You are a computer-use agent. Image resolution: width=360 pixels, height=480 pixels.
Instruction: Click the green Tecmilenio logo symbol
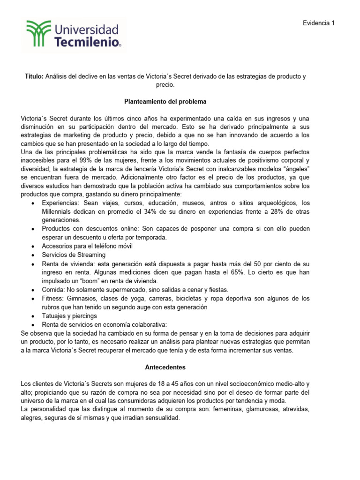(x=38, y=34)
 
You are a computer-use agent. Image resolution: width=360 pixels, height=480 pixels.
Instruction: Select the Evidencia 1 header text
(x=319, y=23)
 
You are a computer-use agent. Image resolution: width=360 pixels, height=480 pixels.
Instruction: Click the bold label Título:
(x=34, y=76)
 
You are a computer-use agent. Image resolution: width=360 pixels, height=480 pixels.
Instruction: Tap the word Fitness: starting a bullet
(x=53, y=298)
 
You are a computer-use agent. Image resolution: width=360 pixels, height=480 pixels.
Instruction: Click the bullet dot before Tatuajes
(x=32, y=316)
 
